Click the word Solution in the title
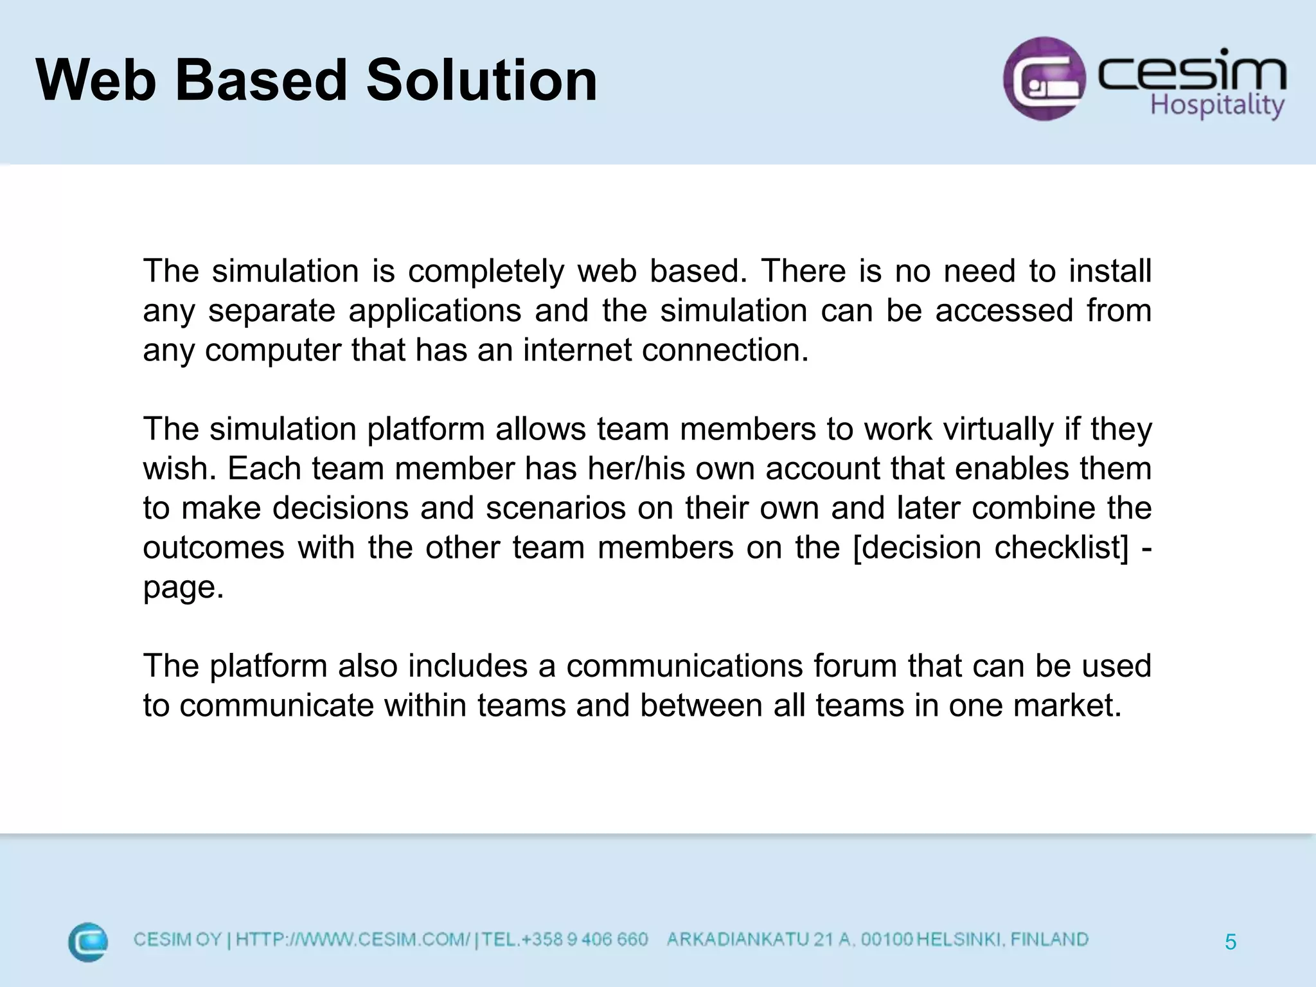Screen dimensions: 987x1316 (481, 81)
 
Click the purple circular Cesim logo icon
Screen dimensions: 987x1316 (1044, 78)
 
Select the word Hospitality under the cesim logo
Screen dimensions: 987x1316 (1216, 105)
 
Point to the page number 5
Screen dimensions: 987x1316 (1231, 942)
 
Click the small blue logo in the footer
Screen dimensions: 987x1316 (88, 942)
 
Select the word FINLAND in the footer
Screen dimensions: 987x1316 (1049, 939)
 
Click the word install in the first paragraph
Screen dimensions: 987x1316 (1110, 271)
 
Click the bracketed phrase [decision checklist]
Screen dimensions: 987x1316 (990, 547)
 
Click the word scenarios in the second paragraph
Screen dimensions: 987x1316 (555, 508)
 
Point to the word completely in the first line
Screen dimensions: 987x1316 (486, 271)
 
